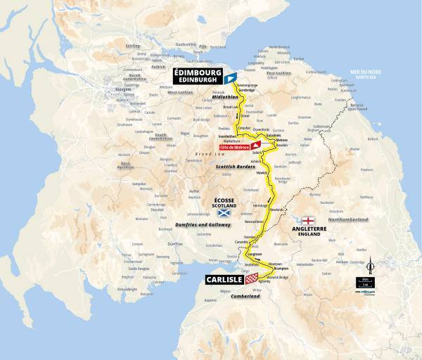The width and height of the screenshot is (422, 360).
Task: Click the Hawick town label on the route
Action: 260,173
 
